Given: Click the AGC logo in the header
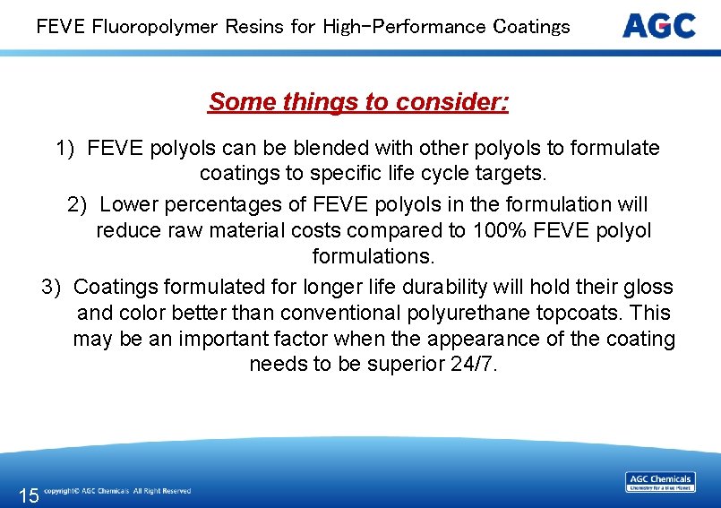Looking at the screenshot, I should tap(658, 25).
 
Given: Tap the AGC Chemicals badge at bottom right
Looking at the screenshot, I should tap(660, 482).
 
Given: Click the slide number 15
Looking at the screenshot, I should tap(29, 495).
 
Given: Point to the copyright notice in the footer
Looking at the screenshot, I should tap(117, 491).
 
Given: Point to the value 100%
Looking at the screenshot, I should tap(497, 230).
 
